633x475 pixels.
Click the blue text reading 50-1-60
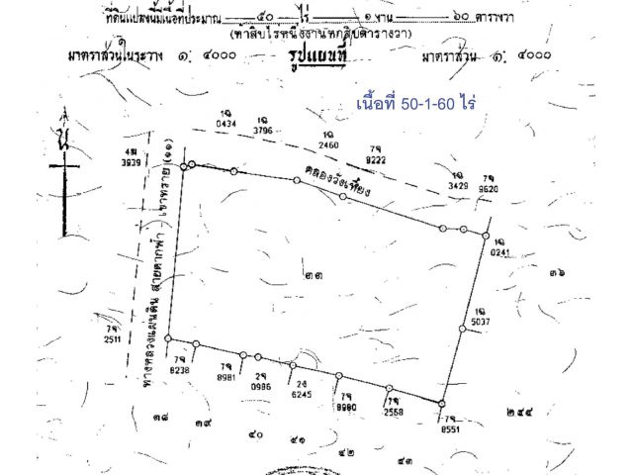tap(409, 104)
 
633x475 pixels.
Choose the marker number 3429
tap(457, 185)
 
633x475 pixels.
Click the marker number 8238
tap(179, 368)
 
